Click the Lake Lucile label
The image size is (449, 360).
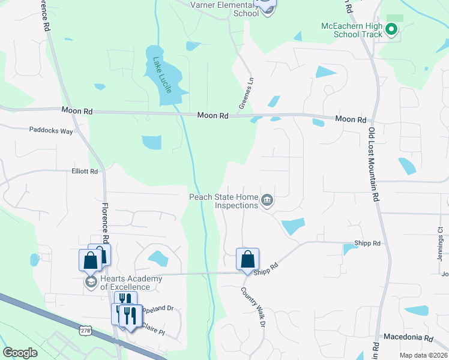[161, 75]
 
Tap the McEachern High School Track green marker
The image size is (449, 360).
[392, 28]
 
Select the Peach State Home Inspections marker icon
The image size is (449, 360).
[267, 200]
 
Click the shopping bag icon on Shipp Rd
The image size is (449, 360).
[247, 259]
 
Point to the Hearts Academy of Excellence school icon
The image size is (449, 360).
[91, 282]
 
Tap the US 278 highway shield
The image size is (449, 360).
[85, 329]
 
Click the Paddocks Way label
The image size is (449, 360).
[51, 130]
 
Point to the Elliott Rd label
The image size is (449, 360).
[84, 171]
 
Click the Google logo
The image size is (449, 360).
[20, 353]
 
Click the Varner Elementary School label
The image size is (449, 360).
[229, 8]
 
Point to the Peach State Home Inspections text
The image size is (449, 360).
[223, 200]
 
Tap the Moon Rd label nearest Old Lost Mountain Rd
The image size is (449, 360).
[351, 119]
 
